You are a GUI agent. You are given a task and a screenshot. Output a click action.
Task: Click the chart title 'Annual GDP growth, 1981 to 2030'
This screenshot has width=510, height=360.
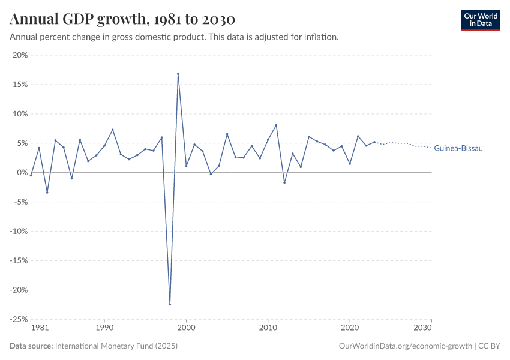point(122,20)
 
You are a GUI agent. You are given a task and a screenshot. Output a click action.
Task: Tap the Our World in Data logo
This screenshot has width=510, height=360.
point(480,20)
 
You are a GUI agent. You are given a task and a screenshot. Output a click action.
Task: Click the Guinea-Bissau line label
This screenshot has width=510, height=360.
point(458,148)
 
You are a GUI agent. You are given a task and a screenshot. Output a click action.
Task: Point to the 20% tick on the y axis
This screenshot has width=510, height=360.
point(20,55)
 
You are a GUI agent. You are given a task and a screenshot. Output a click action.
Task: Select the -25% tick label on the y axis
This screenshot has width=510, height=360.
point(19,319)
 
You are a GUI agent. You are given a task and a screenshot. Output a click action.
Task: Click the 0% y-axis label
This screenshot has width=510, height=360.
point(23,173)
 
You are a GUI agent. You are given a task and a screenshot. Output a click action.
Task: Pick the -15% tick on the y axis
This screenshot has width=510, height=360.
point(19,260)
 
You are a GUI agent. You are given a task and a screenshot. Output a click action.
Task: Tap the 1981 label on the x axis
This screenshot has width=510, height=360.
point(39,328)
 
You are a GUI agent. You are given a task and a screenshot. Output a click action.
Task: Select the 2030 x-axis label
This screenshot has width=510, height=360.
point(422,328)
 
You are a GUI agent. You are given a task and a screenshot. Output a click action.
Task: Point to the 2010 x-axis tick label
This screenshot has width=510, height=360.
point(268,328)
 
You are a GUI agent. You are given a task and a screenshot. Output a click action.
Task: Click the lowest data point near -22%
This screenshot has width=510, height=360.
point(170,304)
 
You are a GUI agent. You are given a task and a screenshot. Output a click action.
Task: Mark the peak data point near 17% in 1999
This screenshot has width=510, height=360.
point(178,74)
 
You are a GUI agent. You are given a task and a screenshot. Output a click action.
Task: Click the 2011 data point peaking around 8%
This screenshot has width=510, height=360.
point(276,125)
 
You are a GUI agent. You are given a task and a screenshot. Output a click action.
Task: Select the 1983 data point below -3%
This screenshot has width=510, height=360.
point(47,193)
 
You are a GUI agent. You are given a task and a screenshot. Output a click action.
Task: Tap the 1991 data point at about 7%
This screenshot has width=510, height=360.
point(113,130)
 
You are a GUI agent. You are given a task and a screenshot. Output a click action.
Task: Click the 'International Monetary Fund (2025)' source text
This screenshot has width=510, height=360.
point(116,346)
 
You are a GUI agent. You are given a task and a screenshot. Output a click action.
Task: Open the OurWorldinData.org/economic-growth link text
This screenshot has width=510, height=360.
point(406,346)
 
